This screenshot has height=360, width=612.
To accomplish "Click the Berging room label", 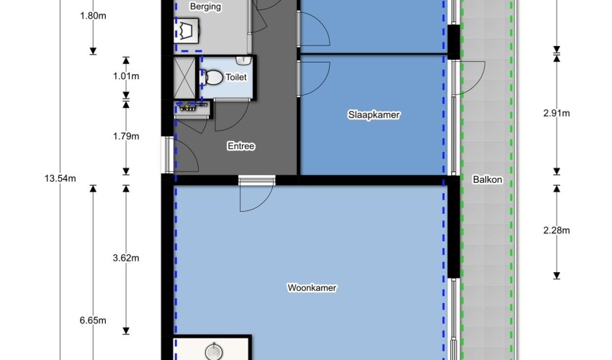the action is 205,6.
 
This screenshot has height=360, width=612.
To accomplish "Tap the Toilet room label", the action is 236,77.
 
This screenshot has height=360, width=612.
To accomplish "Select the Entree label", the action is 241,146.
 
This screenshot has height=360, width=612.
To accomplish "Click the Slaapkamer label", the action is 374,114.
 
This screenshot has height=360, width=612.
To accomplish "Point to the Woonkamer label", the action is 312,288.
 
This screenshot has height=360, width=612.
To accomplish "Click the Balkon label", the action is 487,179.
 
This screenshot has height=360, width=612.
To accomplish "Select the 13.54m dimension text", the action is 60,179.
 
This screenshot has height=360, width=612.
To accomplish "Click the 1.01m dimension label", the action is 126,76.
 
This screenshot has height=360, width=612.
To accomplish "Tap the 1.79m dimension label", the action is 126,136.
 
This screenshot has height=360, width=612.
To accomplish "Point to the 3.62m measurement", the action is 126,258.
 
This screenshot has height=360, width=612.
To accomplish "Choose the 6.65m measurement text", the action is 93,320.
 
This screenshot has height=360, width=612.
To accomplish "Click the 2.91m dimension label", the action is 557,113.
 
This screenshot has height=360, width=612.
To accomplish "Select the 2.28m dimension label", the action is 557,230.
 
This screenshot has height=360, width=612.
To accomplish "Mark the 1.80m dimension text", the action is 93,16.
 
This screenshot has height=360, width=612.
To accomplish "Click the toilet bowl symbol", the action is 211,77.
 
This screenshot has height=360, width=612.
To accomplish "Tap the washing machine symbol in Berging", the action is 187,30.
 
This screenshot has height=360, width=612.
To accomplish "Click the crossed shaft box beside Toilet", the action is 184,78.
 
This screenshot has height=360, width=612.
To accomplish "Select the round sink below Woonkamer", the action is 214,351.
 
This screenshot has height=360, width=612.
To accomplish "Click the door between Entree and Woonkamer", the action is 256,194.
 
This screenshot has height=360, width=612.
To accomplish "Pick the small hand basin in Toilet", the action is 243,60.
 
